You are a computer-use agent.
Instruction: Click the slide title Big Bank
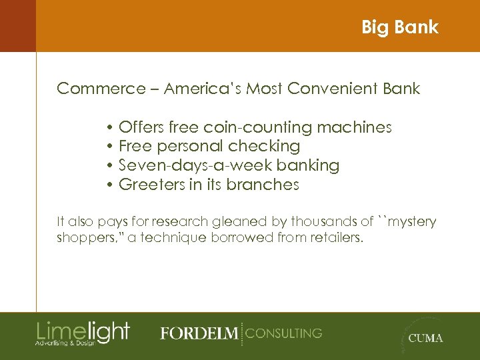(399, 27)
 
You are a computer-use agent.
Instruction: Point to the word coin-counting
(259, 127)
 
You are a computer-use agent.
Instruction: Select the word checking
(264, 146)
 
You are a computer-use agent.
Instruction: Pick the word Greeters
(151, 185)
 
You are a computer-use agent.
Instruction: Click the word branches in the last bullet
(263, 185)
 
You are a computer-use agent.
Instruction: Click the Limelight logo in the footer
(83, 332)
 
